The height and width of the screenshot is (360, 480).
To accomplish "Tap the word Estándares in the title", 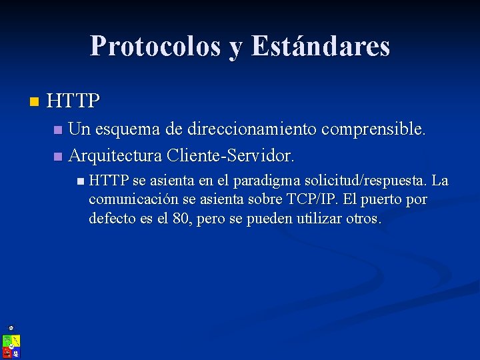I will click(x=321, y=46).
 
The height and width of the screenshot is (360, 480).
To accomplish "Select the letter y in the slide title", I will click(x=236, y=48).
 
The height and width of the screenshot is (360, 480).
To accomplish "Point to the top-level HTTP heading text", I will click(x=74, y=101).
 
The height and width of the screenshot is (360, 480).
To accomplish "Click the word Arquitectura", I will click(x=115, y=156).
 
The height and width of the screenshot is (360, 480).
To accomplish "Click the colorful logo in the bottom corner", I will click(x=11, y=345).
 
